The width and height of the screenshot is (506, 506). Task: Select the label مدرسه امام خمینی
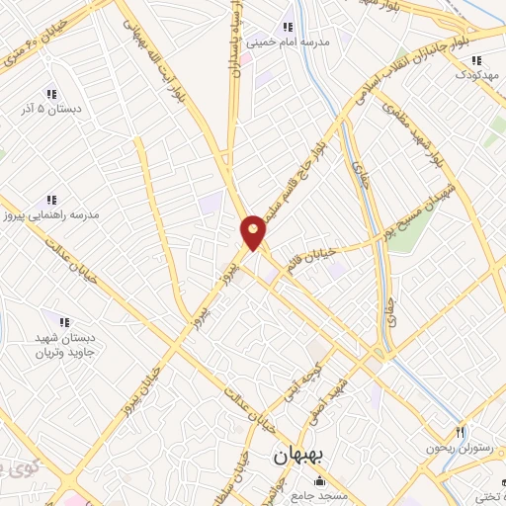click(x=294, y=43)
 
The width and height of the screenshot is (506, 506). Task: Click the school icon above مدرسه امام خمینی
click(x=288, y=27)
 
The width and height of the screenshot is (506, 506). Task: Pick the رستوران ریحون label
click(x=461, y=448)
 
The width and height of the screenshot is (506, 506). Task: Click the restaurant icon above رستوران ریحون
click(x=460, y=432)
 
